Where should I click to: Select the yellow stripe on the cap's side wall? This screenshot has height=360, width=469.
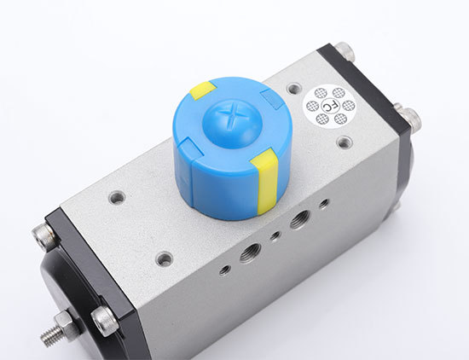point(265,181)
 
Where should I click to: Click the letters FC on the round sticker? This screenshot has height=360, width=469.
point(328,106)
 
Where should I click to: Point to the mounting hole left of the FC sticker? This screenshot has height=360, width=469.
point(293,88)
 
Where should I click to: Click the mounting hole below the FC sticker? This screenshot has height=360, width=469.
point(345,142)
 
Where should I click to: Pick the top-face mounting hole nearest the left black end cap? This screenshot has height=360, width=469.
point(117,197)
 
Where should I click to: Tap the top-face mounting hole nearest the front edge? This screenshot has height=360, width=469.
point(165,258)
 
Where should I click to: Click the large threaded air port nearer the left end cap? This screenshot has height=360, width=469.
point(250,253)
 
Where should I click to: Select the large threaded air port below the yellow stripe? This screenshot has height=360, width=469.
point(299,219)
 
